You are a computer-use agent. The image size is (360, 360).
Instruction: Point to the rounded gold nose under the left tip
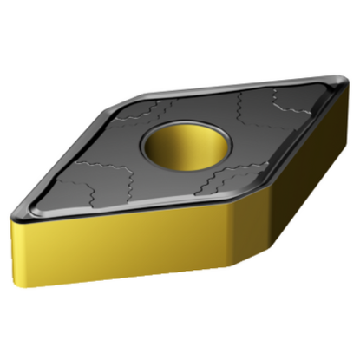pyautogui.click(x=19, y=230)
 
